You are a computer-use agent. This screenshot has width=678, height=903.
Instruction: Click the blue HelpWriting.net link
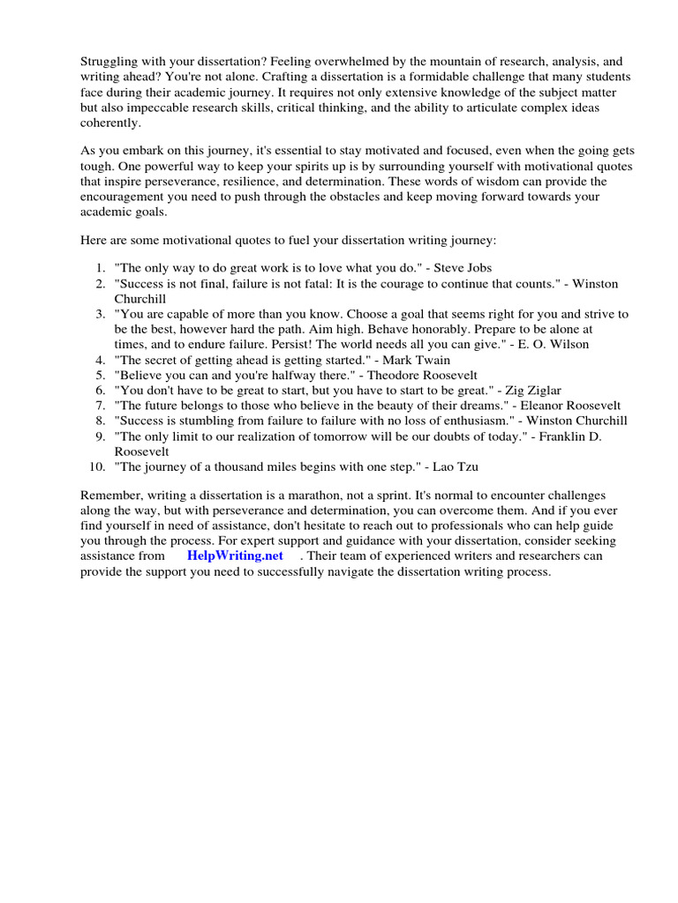(235, 556)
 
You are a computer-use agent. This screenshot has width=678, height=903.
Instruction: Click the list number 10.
(97, 466)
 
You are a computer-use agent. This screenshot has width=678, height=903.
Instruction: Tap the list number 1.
(100, 266)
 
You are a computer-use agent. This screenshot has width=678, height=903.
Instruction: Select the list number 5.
(100, 375)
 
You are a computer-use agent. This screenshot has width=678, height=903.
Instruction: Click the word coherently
(111, 123)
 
